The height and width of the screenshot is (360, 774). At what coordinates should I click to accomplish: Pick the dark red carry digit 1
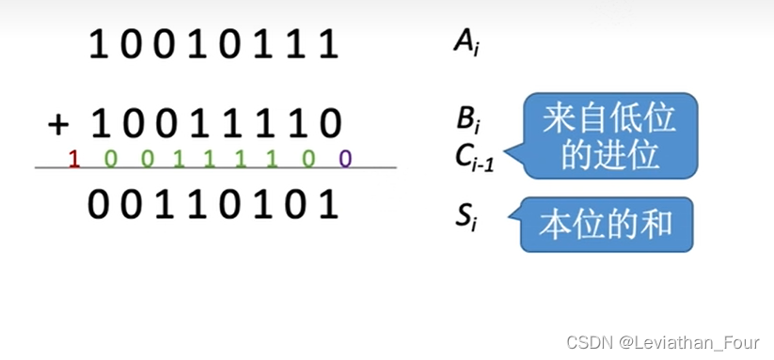tap(74, 158)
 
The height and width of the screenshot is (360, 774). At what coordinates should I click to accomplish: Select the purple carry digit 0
tap(345, 158)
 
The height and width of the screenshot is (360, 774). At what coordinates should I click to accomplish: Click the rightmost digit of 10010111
tap(328, 44)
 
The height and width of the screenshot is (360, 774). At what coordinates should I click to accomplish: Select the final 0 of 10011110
tap(328, 123)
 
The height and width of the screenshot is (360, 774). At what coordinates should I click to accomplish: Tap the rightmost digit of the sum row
tap(328, 204)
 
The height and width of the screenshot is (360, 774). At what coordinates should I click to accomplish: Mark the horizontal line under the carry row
tap(215, 168)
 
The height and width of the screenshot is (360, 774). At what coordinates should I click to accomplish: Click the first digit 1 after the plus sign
tap(97, 123)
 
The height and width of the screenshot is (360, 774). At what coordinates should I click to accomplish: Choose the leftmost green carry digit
tap(110, 158)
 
